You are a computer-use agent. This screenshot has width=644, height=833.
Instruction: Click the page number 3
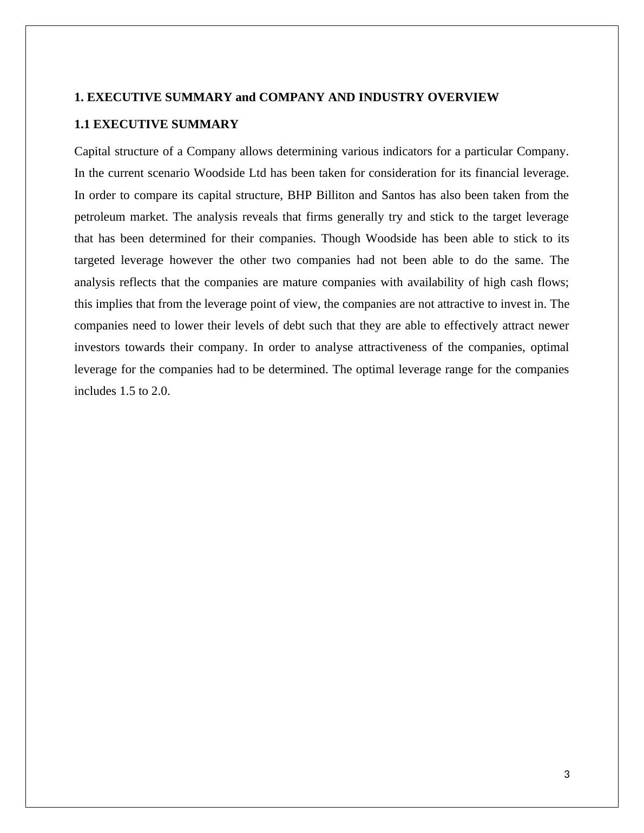click(x=567, y=775)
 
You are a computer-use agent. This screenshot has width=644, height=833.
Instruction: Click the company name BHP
click(x=299, y=195)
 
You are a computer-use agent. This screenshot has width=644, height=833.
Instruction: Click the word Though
click(x=341, y=239)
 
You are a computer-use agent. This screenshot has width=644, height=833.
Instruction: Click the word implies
click(x=115, y=304)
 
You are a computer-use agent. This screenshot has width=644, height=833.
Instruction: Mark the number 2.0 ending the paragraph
click(x=161, y=391)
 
